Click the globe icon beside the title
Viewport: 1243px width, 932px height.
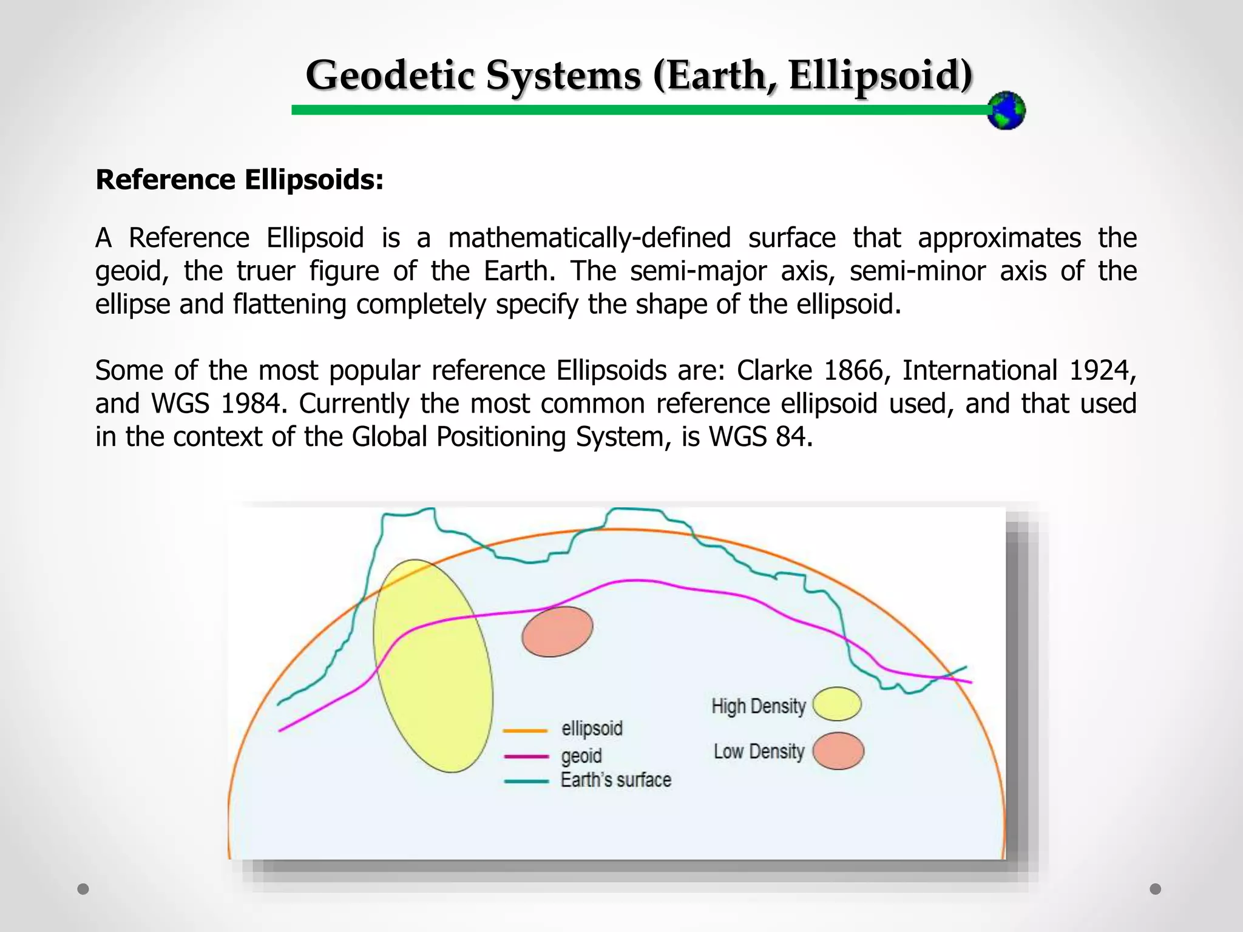(x=1006, y=110)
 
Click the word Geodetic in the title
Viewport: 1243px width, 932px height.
(x=389, y=76)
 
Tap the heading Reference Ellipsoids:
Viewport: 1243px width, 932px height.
(x=240, y=180)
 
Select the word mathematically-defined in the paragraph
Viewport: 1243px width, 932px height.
(x=589, y=237)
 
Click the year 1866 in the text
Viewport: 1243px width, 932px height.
(x=856, y=370)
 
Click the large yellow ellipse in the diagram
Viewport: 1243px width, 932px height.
(x=433, y=666)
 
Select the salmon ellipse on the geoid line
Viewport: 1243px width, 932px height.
(x=557, y=631)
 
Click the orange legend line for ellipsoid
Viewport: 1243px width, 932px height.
(x=526, y=731)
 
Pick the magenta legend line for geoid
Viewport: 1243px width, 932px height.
(x=526, y=756)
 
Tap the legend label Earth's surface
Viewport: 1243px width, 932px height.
(x=615, y=780)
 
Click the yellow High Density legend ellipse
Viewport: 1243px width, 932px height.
(x=837, y=704)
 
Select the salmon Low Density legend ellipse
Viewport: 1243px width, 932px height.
(x=838, y=751)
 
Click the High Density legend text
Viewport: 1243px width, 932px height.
(x=758, y=706)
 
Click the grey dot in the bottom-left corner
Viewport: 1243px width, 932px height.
(x=83, y=889)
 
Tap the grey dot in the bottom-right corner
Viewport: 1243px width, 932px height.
(x=1156, y=889)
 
